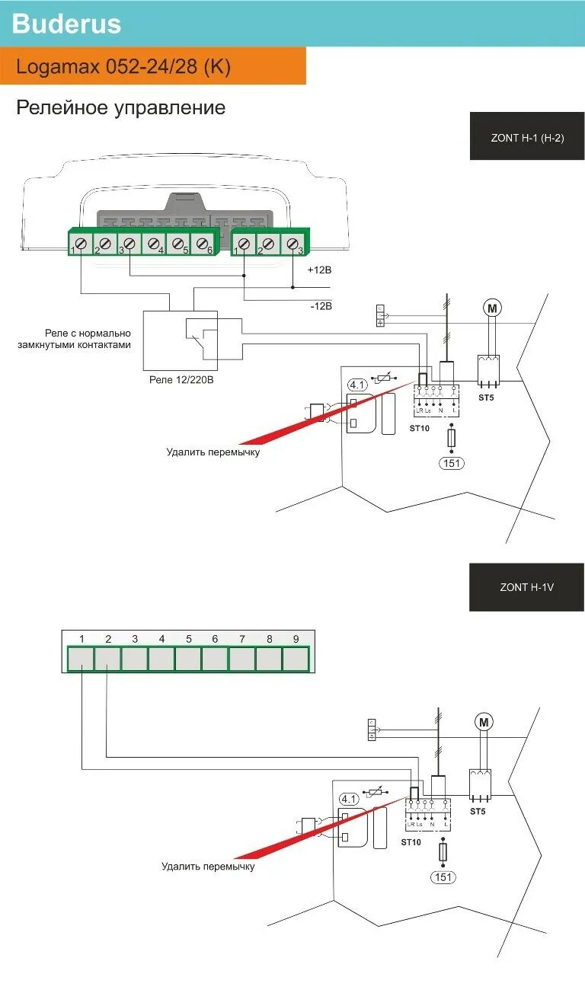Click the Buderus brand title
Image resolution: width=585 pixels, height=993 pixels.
click(67, 24)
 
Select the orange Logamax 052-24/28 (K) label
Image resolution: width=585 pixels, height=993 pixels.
click(123, 67)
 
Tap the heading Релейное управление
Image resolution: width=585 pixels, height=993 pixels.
click(121, 107)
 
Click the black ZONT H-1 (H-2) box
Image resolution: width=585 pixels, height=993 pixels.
click(527, 138)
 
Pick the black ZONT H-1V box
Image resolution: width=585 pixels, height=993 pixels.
click(526, 587)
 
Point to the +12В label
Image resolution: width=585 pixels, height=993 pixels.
click(320, 270)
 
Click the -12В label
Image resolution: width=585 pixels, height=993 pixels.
click(320, 306)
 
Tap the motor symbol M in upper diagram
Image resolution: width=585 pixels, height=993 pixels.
click(492, 308)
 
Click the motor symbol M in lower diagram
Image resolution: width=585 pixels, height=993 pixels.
click(484, 721)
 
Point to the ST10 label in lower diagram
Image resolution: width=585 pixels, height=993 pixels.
click(410, 842)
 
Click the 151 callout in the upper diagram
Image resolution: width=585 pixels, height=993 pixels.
click(452, 463)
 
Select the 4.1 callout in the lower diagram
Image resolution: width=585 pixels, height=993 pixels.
click(349, 799)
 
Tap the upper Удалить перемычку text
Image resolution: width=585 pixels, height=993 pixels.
click(213, 452)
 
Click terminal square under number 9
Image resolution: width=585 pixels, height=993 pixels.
click(296, 659)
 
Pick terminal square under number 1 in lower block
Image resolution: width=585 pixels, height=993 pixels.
click(81, 659)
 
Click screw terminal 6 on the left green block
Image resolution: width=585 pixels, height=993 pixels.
click(203, 244)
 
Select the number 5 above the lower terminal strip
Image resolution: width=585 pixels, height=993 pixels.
click(188, 639)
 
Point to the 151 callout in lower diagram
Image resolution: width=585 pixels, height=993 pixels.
click(443, 877)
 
